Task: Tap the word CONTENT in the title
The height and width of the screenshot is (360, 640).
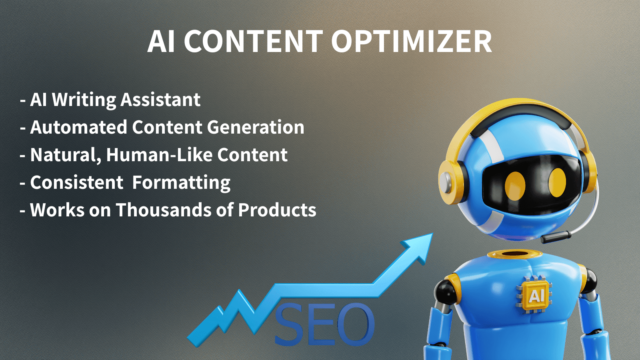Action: pyautogui.click(x=253, y=42)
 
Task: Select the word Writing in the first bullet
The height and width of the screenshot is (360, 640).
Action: pyautogui.click(x=84, y=100)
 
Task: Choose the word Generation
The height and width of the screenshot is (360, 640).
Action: pyautogui.click(x=256, y=127)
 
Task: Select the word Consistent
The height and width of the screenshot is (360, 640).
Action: pyautogui.click(x=77, y=182)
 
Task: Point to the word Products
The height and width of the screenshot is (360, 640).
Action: pyautogui.click(x=277, y=210)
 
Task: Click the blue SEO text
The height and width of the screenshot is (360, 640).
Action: pyautogui.click(x=324, y=324)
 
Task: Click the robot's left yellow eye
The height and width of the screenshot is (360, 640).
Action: pyautogui.click(x=515, y=186)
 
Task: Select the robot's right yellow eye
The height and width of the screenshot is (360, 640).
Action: pyautogui.click(x=557, y=182)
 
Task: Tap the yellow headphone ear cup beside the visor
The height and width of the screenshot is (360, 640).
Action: pyautogui.click(x=450, y=182)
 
